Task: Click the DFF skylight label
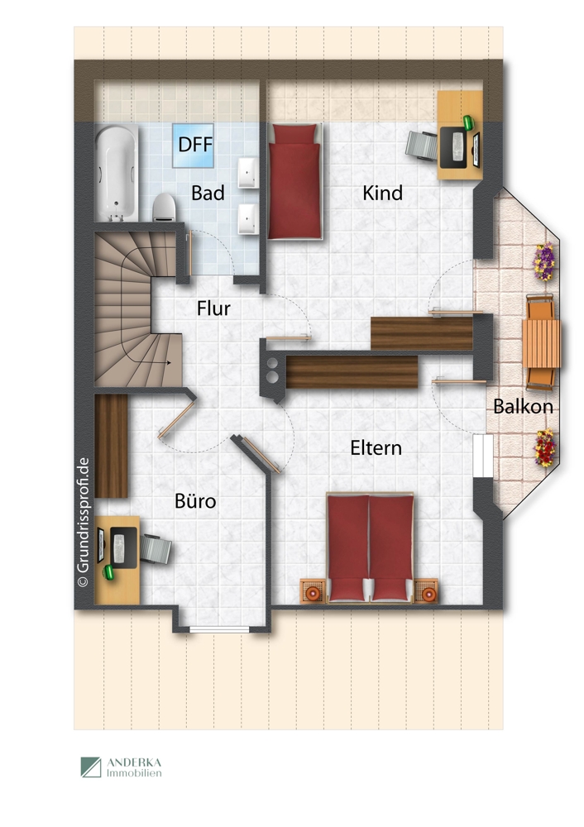pyautogui.click(x=195, y=145)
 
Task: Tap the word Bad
pyautogui.click(x=208, y=193)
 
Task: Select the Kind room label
pyautogui.click(x=382, y=193)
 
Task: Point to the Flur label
pyautogui.click(x=213, y=308)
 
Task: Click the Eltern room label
pyautogui.click(x=376, y=447)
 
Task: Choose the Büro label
pyautogui.click(x=195, y=500)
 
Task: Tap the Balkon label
pyautogui.click(x=523, y=406)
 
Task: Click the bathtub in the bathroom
pyautogui.click(x=117, y=174)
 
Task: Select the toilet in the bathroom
pyautogui.click(x=164, y=208)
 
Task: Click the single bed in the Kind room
pyautogui.click(x=295, y=181)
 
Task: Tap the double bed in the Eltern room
pyautogui.click(x=370, y=547)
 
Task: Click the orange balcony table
pyautogui.click(x=541, y=343)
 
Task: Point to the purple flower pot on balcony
pyautogui.click(x=544, y=261)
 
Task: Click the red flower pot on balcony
pyautogui.click(x=545, y=447)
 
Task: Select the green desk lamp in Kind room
pyautogui.click(x=468, y=122)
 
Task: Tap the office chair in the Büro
pyautogui.click(x=156, y=548)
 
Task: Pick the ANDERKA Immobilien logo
pyautogui.click(x=121, y=767)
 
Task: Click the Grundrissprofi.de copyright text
pyautogui.click(x=83, y=522)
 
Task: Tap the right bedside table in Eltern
pyautogui.click(x=426, y=591)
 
